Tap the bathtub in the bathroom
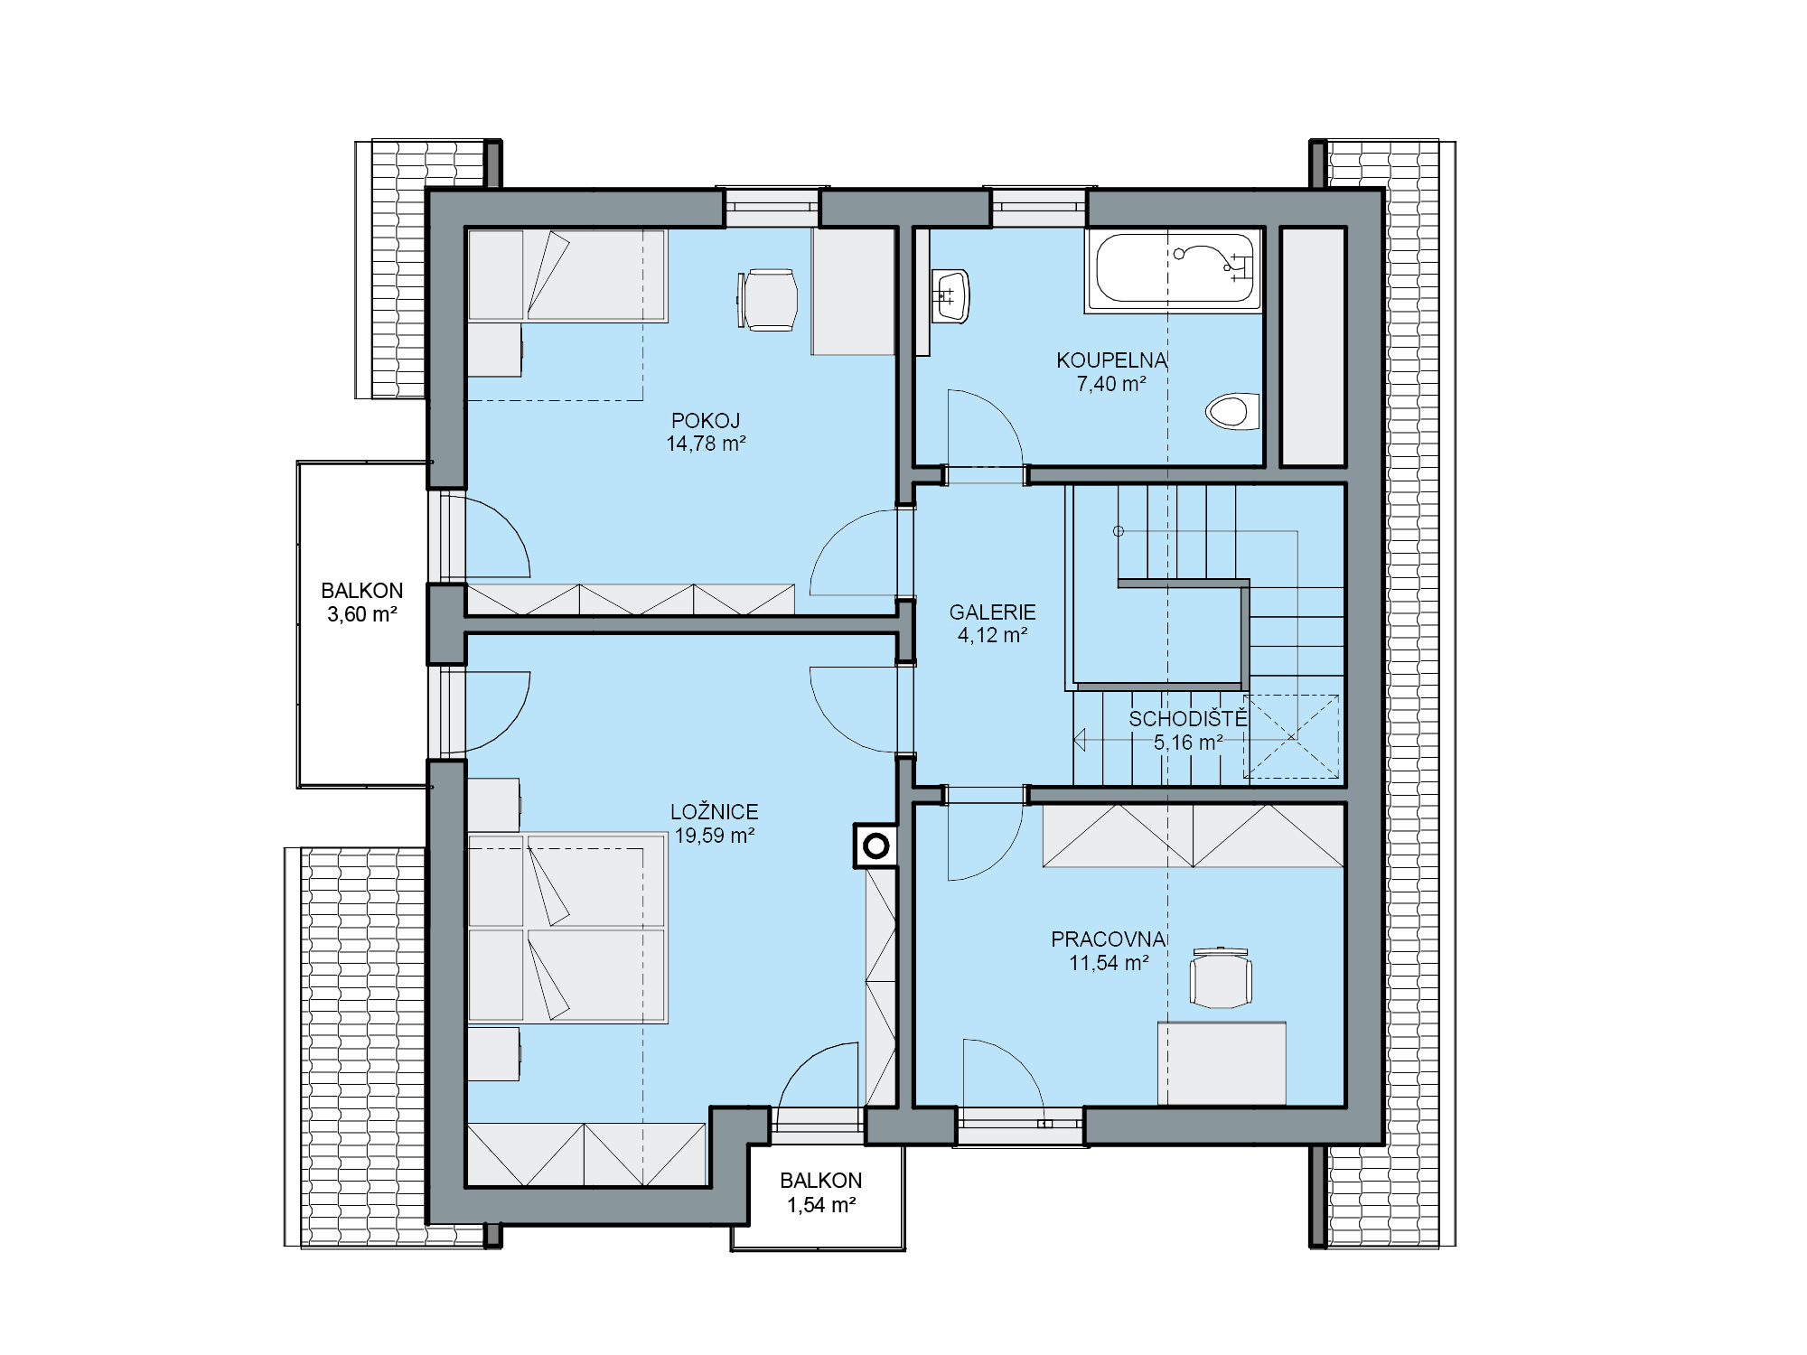[x=1174, y=268]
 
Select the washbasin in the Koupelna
[x=950, y=295]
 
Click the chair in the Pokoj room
[x=768, y=300]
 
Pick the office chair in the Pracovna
[x=1221, y=977]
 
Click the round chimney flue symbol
[x=875, y=846]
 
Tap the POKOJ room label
[x=706, y=421]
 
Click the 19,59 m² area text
[x=715, y=836]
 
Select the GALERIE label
[x=992, y=612]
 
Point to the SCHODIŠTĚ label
[x=1188, y=719]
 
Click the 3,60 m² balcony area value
[x=362, y=614]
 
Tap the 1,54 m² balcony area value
[x=821, y=1204]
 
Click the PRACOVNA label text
[x=1109, y=939]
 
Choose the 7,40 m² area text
[x=1111, y=384]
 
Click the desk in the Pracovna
[x=1222, y=1063]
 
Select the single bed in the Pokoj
[x=567, y=276]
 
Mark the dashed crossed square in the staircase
[x=1291, y=736]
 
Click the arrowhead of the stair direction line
[x=1079, y=740]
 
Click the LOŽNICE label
[x=715, y=812]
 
